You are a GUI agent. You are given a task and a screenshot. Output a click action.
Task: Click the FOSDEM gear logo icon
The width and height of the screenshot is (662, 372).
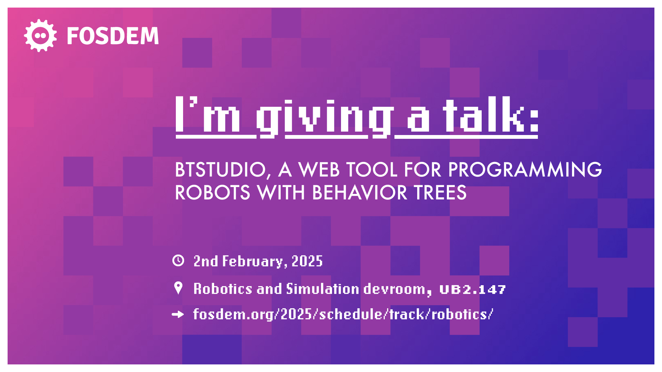click(40, 35)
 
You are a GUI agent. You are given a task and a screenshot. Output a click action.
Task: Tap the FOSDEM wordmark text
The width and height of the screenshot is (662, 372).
click(113, 36)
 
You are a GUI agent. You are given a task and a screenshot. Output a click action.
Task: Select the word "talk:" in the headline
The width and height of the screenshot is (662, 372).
click(491, 115)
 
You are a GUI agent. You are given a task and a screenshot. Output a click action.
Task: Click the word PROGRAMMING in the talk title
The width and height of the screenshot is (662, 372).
click(525, 169)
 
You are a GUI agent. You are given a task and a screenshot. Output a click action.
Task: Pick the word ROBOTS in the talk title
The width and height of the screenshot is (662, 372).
click(212, 193)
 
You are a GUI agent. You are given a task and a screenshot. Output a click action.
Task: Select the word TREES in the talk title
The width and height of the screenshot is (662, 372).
click(440, 193)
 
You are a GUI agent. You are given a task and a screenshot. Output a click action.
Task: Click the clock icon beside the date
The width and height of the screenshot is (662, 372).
click(178, 260)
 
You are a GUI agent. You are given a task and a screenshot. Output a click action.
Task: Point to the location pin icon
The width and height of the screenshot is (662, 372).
click(178, 288)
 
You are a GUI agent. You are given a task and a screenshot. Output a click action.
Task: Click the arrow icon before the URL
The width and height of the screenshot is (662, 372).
click(178, 314)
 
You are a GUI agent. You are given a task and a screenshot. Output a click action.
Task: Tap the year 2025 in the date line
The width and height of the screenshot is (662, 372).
click(307, 261)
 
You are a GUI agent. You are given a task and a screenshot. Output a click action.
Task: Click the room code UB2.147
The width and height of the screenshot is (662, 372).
click(472, 290)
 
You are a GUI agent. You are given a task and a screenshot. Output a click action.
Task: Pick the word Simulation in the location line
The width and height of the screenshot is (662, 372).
click(323, 289)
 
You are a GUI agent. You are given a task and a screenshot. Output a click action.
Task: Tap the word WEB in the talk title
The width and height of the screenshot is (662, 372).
click(319, 170)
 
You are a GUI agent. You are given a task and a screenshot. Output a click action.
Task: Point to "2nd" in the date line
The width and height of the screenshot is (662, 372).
click(205, 261)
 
